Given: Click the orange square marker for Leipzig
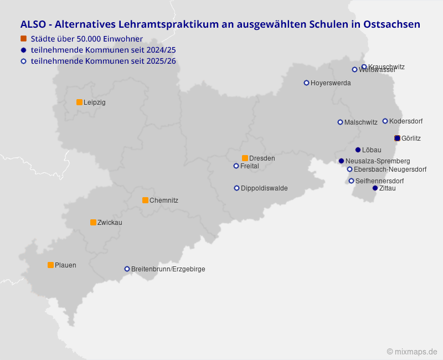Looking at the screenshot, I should coord(79,102).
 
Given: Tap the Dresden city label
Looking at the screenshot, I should coord(262,158).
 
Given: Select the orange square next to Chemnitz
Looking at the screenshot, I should coord(145,200).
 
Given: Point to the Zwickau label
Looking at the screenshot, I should coord(110,223).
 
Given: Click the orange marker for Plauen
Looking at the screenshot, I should coord(50,265).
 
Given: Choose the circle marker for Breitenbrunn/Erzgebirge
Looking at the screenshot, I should coord(127,269).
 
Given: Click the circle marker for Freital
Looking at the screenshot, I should coord(236,166).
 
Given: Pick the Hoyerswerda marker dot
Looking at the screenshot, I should coord(306,83).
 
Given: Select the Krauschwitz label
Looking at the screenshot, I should coord(387,67).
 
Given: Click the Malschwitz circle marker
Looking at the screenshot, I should coord(340,122).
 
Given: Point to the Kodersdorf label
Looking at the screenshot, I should coord(406,121).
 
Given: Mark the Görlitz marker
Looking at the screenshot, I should coord(397,138).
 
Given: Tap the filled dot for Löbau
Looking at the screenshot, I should coord(358,150).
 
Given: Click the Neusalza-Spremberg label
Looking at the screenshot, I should coord(378,161).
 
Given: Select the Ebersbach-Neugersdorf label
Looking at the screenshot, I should coord(390,169).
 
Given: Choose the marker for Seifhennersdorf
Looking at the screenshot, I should coord(351,181).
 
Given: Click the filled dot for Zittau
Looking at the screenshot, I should coord(375,188).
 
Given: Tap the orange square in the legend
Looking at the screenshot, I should coord(23,38).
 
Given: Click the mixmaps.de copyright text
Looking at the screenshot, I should coord(412,352).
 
